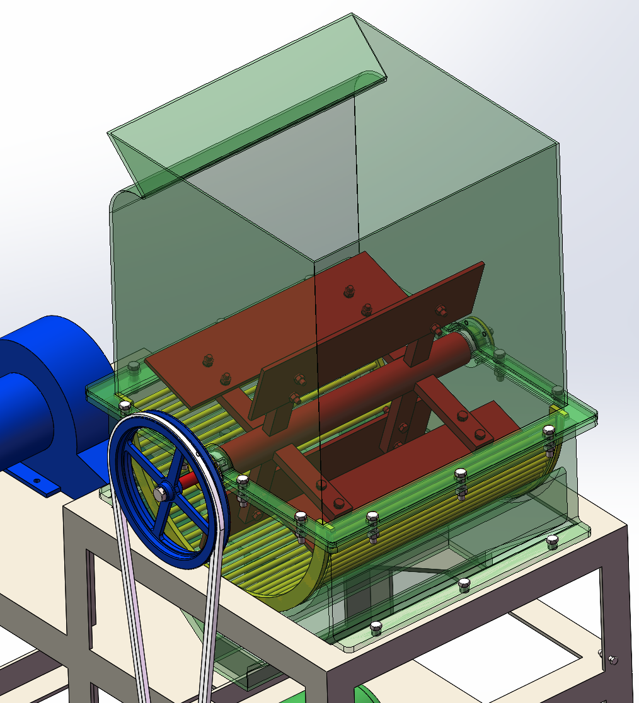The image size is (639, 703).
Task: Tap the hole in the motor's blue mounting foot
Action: (37, 481)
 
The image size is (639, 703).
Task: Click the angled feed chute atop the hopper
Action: (246, 101)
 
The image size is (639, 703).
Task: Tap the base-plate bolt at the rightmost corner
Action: (553, 539)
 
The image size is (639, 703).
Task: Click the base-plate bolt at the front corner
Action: (376, 626)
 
